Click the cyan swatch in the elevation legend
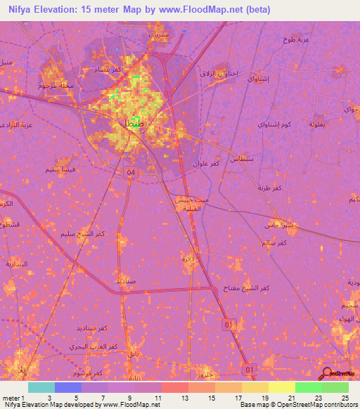click(41, 387)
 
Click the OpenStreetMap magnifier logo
click(327, 374)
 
